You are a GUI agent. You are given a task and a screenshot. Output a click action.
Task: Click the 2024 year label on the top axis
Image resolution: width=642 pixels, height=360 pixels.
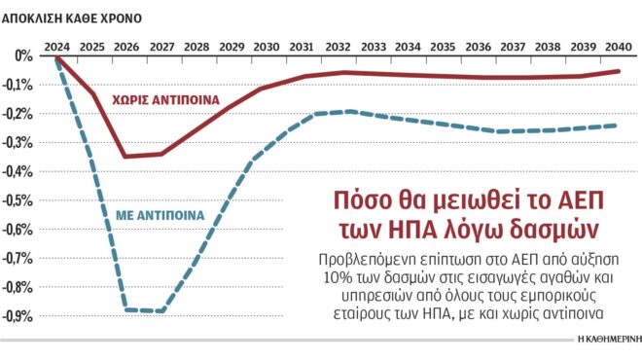58,46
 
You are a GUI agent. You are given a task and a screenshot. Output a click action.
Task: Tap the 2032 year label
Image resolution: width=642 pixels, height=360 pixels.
339,46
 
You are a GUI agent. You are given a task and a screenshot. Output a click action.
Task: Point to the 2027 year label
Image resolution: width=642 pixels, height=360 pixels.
161,46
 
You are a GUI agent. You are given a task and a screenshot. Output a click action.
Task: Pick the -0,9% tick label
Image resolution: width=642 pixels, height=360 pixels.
19,317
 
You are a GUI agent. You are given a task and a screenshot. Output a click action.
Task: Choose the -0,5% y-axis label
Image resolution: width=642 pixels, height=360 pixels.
19,201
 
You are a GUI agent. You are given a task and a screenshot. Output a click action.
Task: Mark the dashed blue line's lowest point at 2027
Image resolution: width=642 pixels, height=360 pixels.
161,311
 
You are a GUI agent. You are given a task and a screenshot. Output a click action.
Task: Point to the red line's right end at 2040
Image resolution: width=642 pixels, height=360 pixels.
618,70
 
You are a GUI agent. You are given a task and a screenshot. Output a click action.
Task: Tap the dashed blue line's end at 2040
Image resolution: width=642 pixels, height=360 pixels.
618,125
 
